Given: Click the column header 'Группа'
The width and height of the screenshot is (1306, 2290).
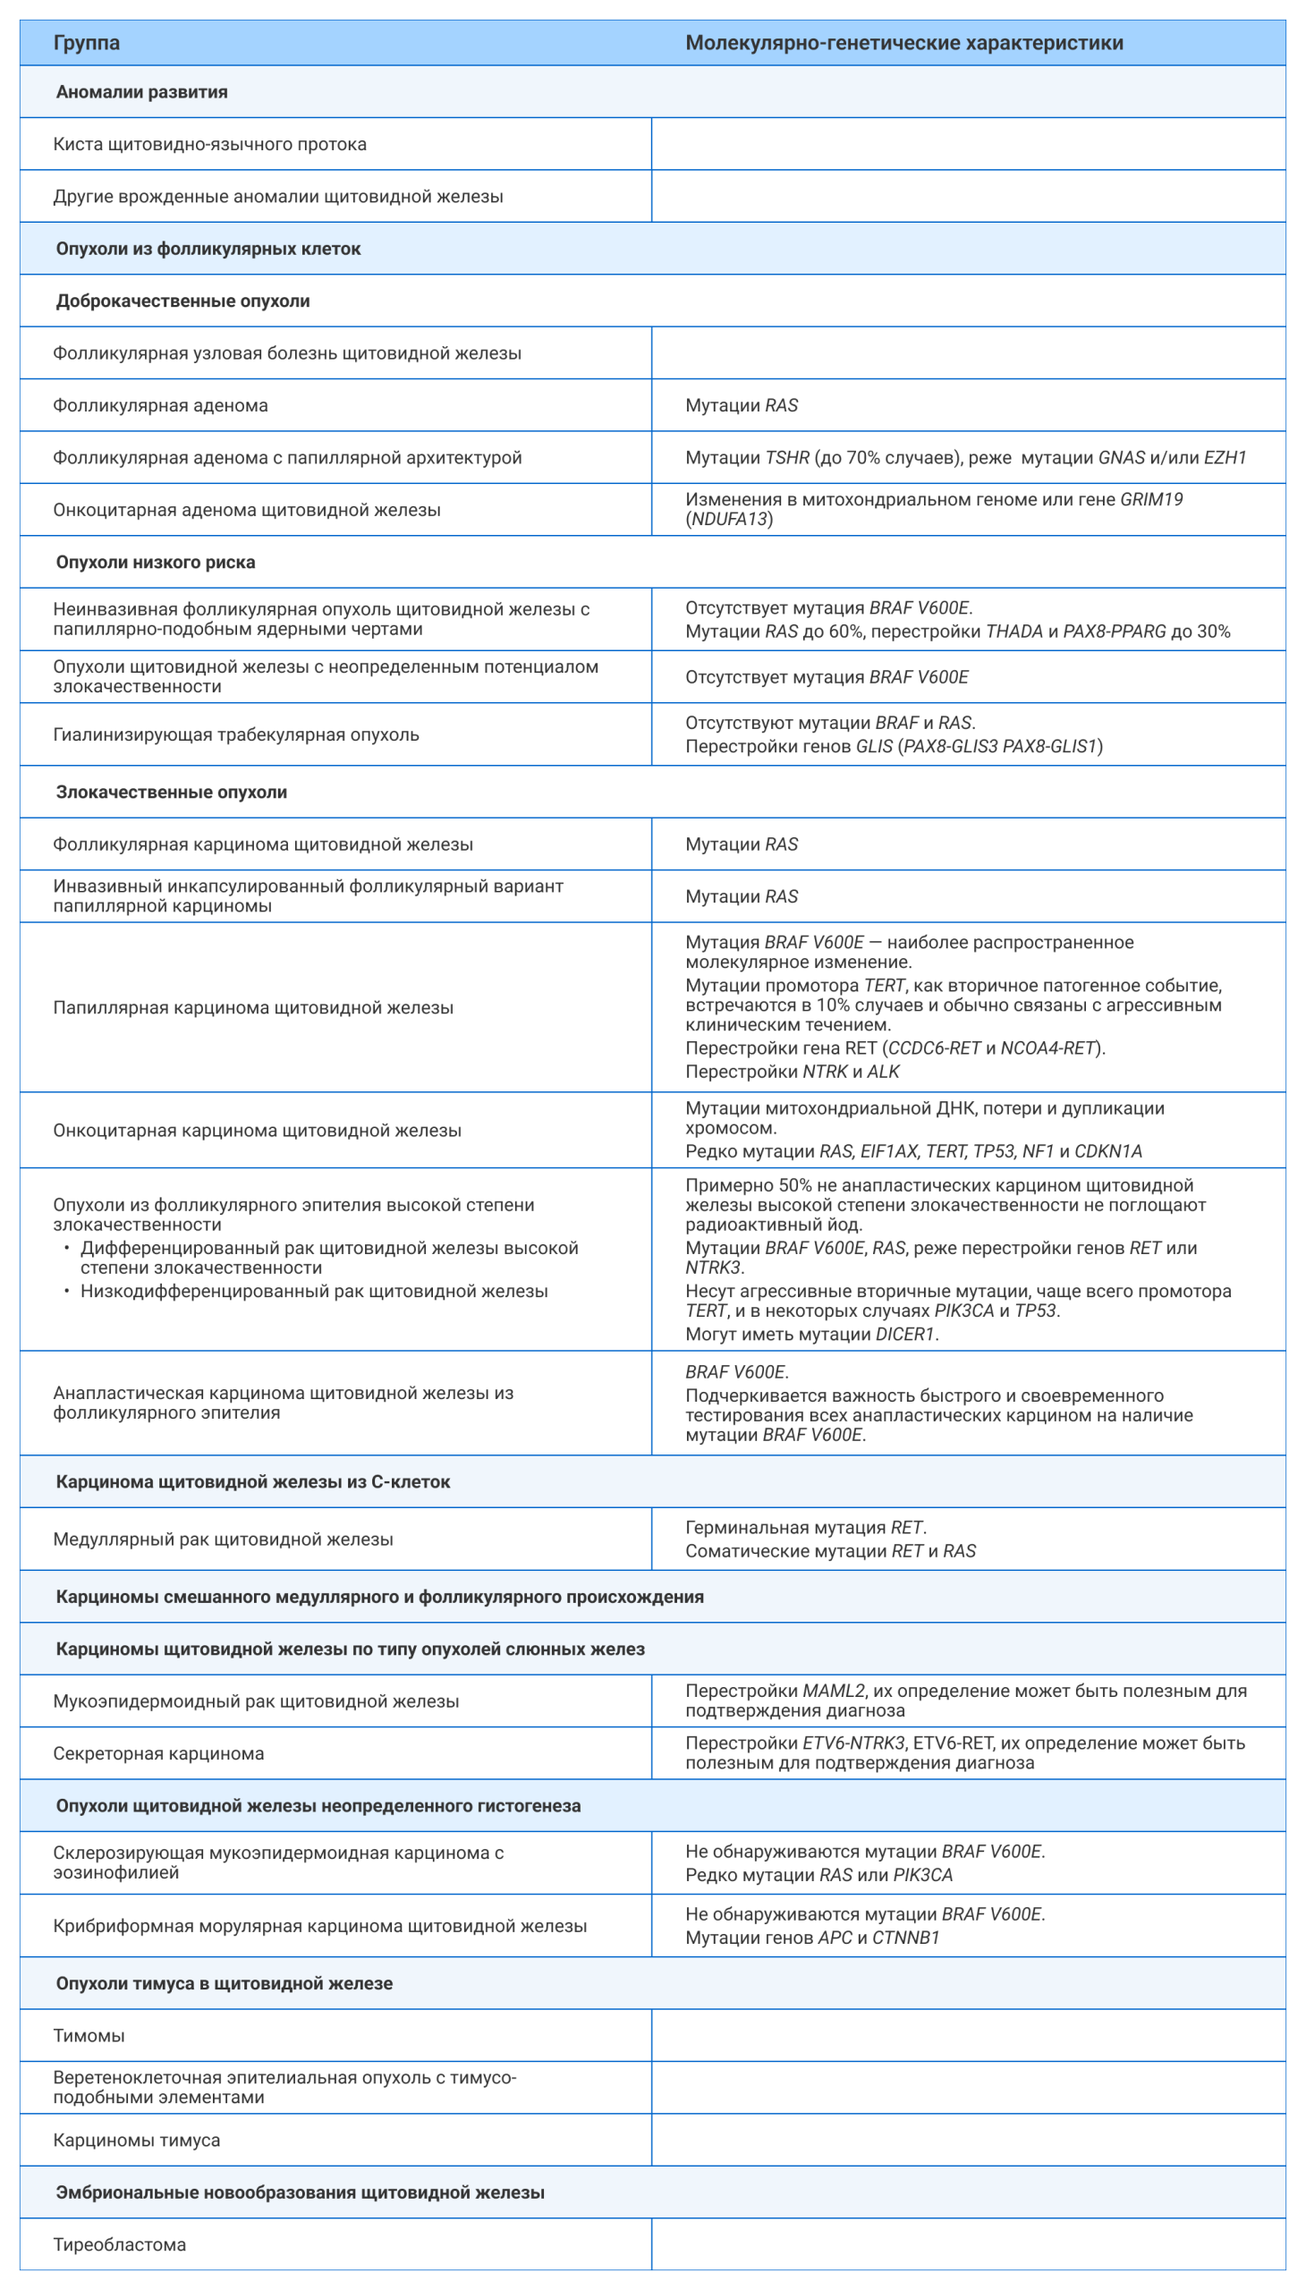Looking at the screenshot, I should click(86, 43).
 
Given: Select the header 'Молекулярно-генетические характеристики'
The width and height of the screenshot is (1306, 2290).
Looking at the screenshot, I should click(903, 43).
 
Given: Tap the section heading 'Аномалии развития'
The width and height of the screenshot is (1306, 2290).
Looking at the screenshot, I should click(141, 92).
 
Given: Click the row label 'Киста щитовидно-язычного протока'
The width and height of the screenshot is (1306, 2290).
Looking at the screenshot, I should click(209, 144).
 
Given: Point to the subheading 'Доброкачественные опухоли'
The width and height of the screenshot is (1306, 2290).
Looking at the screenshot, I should click(183, 301).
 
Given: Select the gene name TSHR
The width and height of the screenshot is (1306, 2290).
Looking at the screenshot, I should click(786, 457).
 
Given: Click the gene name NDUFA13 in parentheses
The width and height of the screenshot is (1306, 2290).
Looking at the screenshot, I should click(729, 520).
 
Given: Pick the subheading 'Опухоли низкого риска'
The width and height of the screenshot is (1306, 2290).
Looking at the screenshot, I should click(155, 563).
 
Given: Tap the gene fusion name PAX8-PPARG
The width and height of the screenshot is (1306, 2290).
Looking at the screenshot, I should click(1113, 632).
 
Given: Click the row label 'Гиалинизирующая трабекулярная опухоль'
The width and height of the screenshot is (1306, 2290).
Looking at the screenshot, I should click(236, 734).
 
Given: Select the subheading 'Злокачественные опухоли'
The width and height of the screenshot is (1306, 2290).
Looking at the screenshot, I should click(172, 792).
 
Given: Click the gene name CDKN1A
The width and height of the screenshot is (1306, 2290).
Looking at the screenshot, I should click(1107, 1152).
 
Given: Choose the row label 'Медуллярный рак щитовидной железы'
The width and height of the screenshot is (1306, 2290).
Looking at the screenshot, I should click(223, 1539).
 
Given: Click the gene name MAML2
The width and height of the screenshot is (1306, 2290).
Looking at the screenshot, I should click(834, 1691).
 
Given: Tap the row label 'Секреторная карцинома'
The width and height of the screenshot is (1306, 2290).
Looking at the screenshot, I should click(157, 1753).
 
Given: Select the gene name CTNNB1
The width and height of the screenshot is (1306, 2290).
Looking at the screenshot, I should click(905, 1938).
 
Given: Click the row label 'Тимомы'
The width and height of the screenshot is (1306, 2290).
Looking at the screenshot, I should click(89, 2036).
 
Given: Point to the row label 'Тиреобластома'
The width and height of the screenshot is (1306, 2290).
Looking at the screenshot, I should click(119, 2245).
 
